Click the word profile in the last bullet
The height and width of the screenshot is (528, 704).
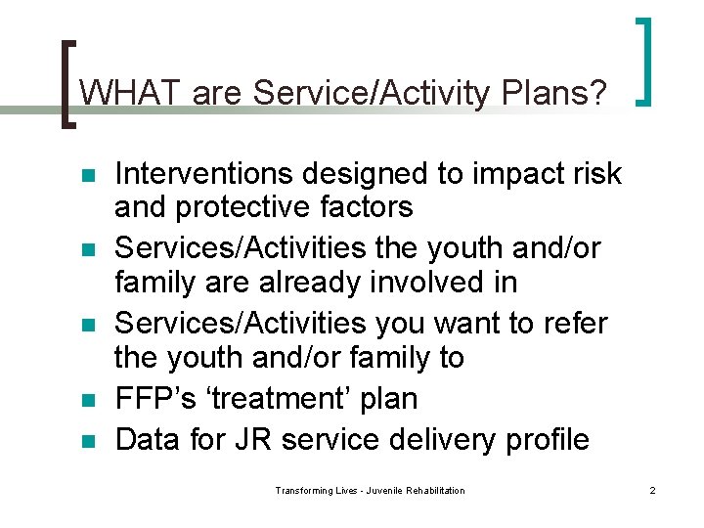point(543,439)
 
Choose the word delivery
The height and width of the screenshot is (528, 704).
point(439,439)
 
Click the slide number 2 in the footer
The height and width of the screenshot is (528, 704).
point(652,490)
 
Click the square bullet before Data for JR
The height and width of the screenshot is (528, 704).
point(87,441)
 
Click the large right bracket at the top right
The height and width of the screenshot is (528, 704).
point(644,61)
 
